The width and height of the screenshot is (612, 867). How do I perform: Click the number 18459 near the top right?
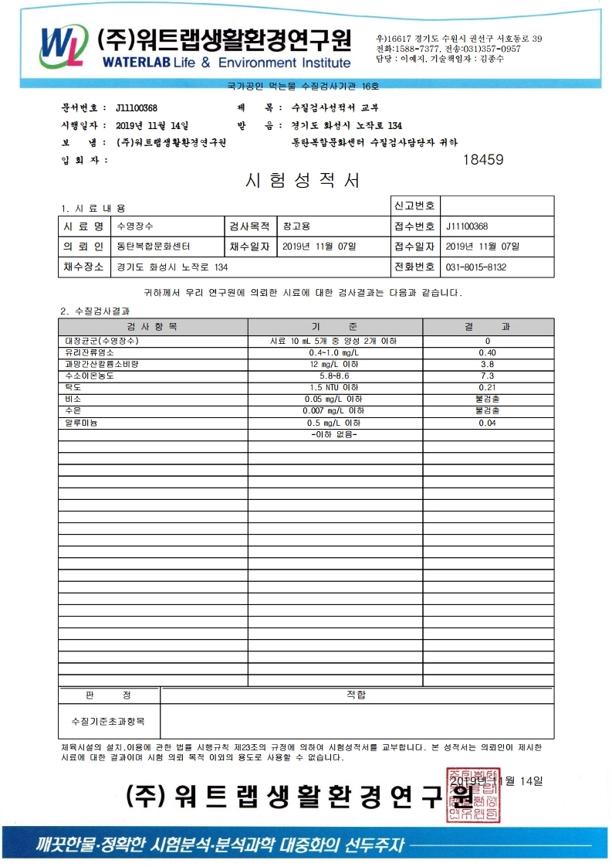pos(482,160)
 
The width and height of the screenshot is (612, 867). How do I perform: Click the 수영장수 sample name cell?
pos(135,226)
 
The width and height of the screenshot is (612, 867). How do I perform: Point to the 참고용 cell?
pos(296,226)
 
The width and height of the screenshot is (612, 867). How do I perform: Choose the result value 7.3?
pos(487,376)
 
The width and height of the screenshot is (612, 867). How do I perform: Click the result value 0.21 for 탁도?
pos(487,387)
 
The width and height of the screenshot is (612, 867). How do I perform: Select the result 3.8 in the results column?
pos(487,364)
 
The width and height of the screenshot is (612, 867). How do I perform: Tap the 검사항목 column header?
pos(152,327)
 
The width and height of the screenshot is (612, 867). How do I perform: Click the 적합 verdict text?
pos(357,695)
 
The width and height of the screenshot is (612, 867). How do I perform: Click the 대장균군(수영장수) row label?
pos(103,341)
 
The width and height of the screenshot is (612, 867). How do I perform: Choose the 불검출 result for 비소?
pos(487,399)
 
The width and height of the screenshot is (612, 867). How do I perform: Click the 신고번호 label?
pos(414,206)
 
